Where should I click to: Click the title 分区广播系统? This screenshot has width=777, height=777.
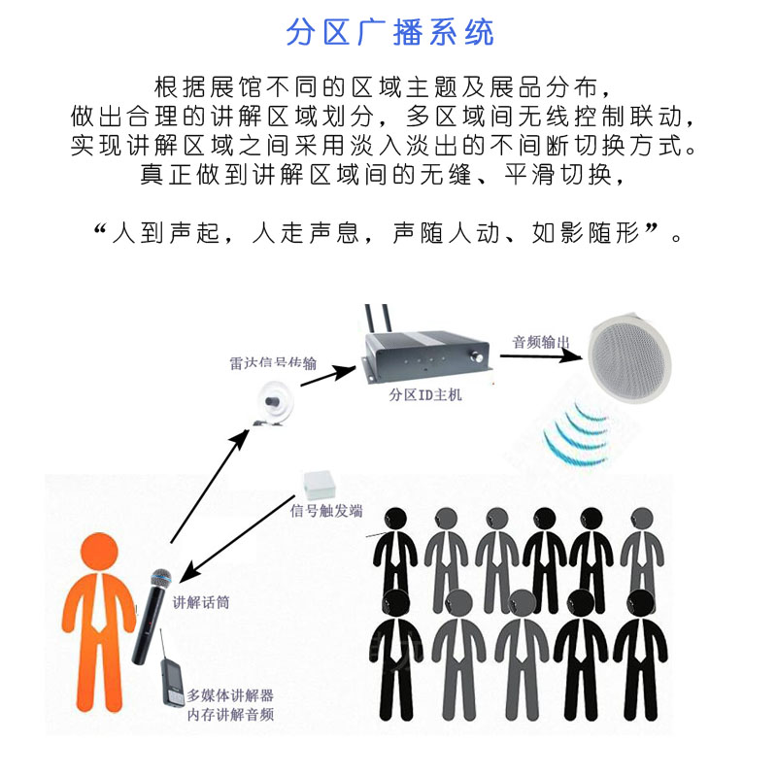(x=389, y=32)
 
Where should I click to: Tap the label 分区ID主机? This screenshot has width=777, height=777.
(x=425, y=395)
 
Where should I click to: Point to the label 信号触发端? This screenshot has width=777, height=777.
(x=327, y=511)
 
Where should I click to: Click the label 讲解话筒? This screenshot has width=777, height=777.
(x=201, y=602)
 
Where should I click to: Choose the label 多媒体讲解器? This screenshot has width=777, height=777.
(x=230, y=695)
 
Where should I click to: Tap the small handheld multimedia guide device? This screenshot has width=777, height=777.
(x=172, y=686)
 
